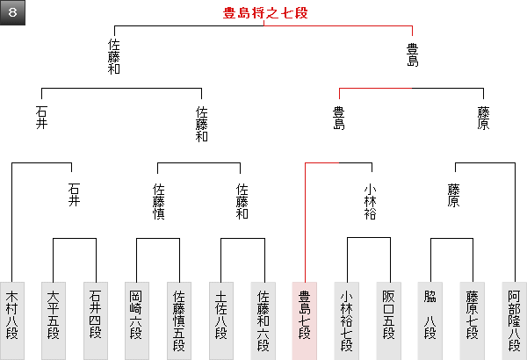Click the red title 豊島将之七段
pos(264,13)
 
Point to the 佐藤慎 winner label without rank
pos(159,201)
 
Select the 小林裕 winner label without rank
pos(369,201)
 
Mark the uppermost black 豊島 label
pos(412,54)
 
